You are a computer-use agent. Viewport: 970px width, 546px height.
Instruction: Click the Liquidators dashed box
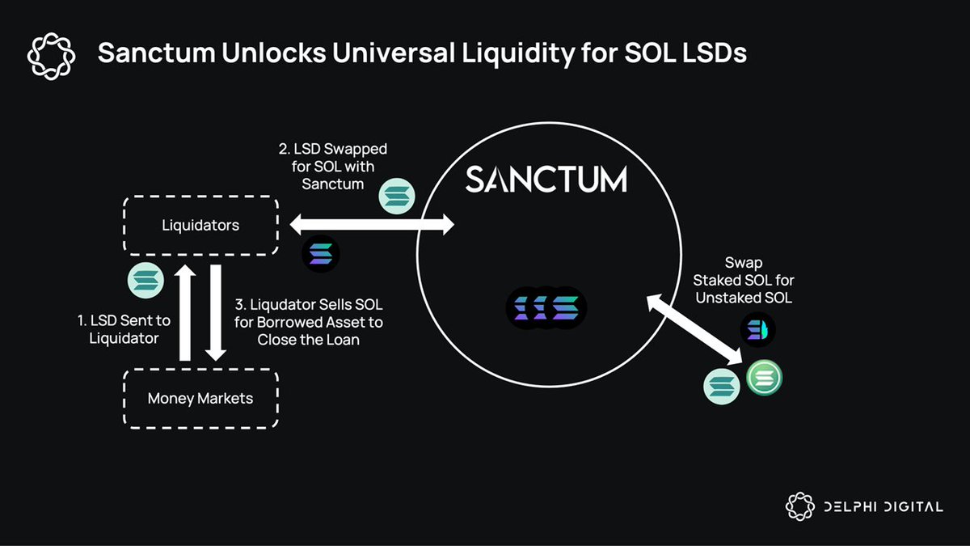[200, 225]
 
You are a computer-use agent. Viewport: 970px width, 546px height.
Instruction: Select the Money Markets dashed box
[200, 398]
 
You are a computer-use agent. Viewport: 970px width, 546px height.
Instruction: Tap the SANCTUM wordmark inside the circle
[546, 179]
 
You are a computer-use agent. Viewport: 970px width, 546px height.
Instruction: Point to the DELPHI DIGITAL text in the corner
[883, 507]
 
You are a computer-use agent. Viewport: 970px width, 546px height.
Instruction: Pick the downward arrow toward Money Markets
[215, 312]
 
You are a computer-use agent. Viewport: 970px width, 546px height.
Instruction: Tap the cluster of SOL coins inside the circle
[546, 307]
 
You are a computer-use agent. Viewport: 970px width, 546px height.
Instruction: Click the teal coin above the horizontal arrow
[397, 197]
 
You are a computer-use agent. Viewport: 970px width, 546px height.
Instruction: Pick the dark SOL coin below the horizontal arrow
[321, 254]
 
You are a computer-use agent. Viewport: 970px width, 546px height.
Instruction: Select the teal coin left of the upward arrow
[147, 280]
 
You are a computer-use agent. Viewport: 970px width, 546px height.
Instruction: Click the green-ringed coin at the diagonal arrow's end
[764, 378]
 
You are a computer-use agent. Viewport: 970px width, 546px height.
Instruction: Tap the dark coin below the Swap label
[757, 330]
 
